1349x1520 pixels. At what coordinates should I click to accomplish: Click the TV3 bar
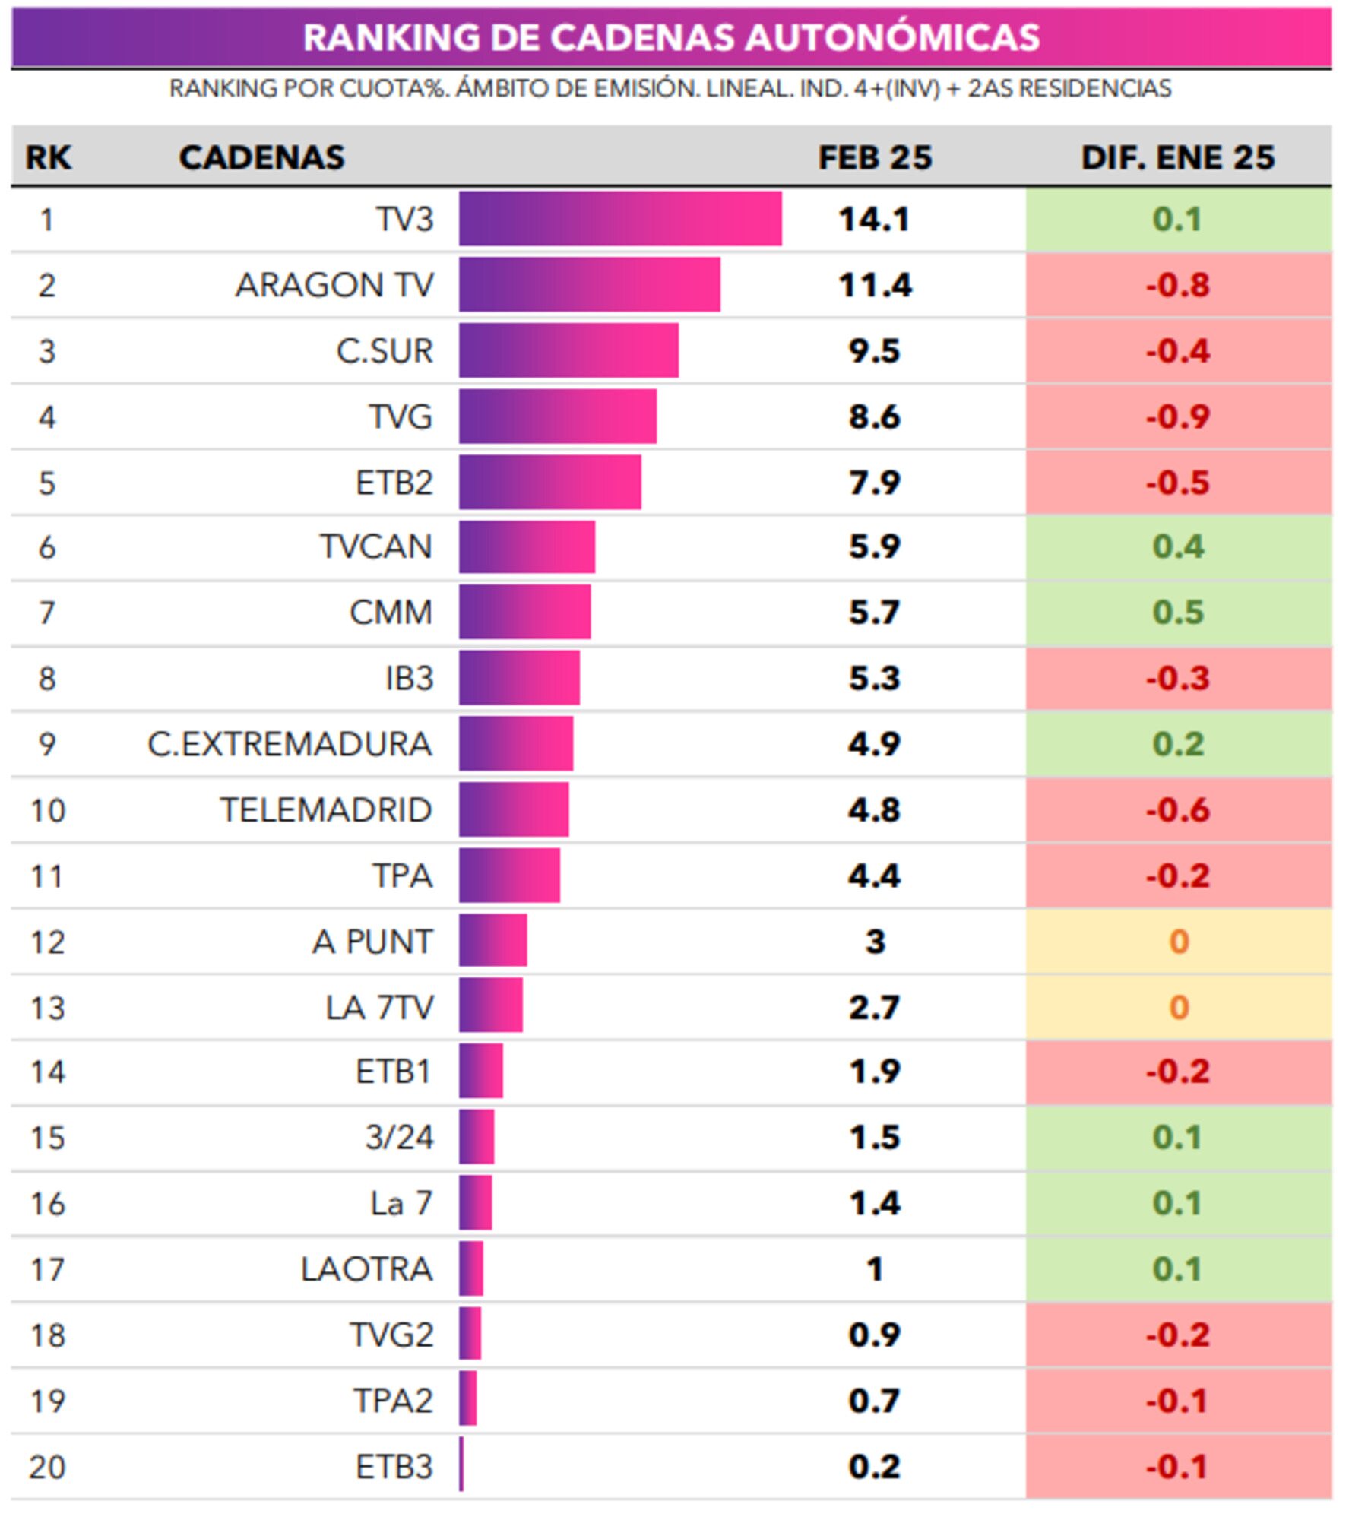coord(619,219)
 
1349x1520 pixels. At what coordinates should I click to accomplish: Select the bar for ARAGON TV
coord(589,285)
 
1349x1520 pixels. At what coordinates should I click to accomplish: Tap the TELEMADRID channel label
coord(326,810)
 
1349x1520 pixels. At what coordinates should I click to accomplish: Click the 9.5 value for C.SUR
coord(874,351)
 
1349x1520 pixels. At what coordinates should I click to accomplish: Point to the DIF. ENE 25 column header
coord(1177,157)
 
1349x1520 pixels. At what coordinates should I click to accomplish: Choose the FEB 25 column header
coord(874,157)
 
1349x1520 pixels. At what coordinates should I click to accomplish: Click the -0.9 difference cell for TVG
coord(1177,416)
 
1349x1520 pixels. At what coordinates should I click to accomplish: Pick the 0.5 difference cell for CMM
coord(1177,613)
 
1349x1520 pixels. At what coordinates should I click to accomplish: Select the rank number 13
coord(47,1008)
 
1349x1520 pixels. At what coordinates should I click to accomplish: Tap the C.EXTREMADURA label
coord(290,744)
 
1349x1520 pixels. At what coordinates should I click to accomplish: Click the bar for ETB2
coord(549,483)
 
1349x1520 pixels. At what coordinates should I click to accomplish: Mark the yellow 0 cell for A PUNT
coord(1178,942)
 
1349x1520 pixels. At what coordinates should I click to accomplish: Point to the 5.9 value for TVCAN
coord(874,546)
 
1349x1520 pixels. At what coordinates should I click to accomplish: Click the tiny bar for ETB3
coord(461,1465)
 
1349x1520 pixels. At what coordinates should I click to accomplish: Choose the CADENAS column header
coord(261,157)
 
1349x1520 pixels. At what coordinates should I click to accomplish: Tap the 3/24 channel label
coord(399,1138)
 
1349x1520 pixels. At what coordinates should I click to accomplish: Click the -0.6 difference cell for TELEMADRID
coord(1177,810)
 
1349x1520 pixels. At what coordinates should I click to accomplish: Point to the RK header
coord(48,157)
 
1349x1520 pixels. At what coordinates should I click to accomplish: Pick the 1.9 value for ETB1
coord(874,1072)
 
